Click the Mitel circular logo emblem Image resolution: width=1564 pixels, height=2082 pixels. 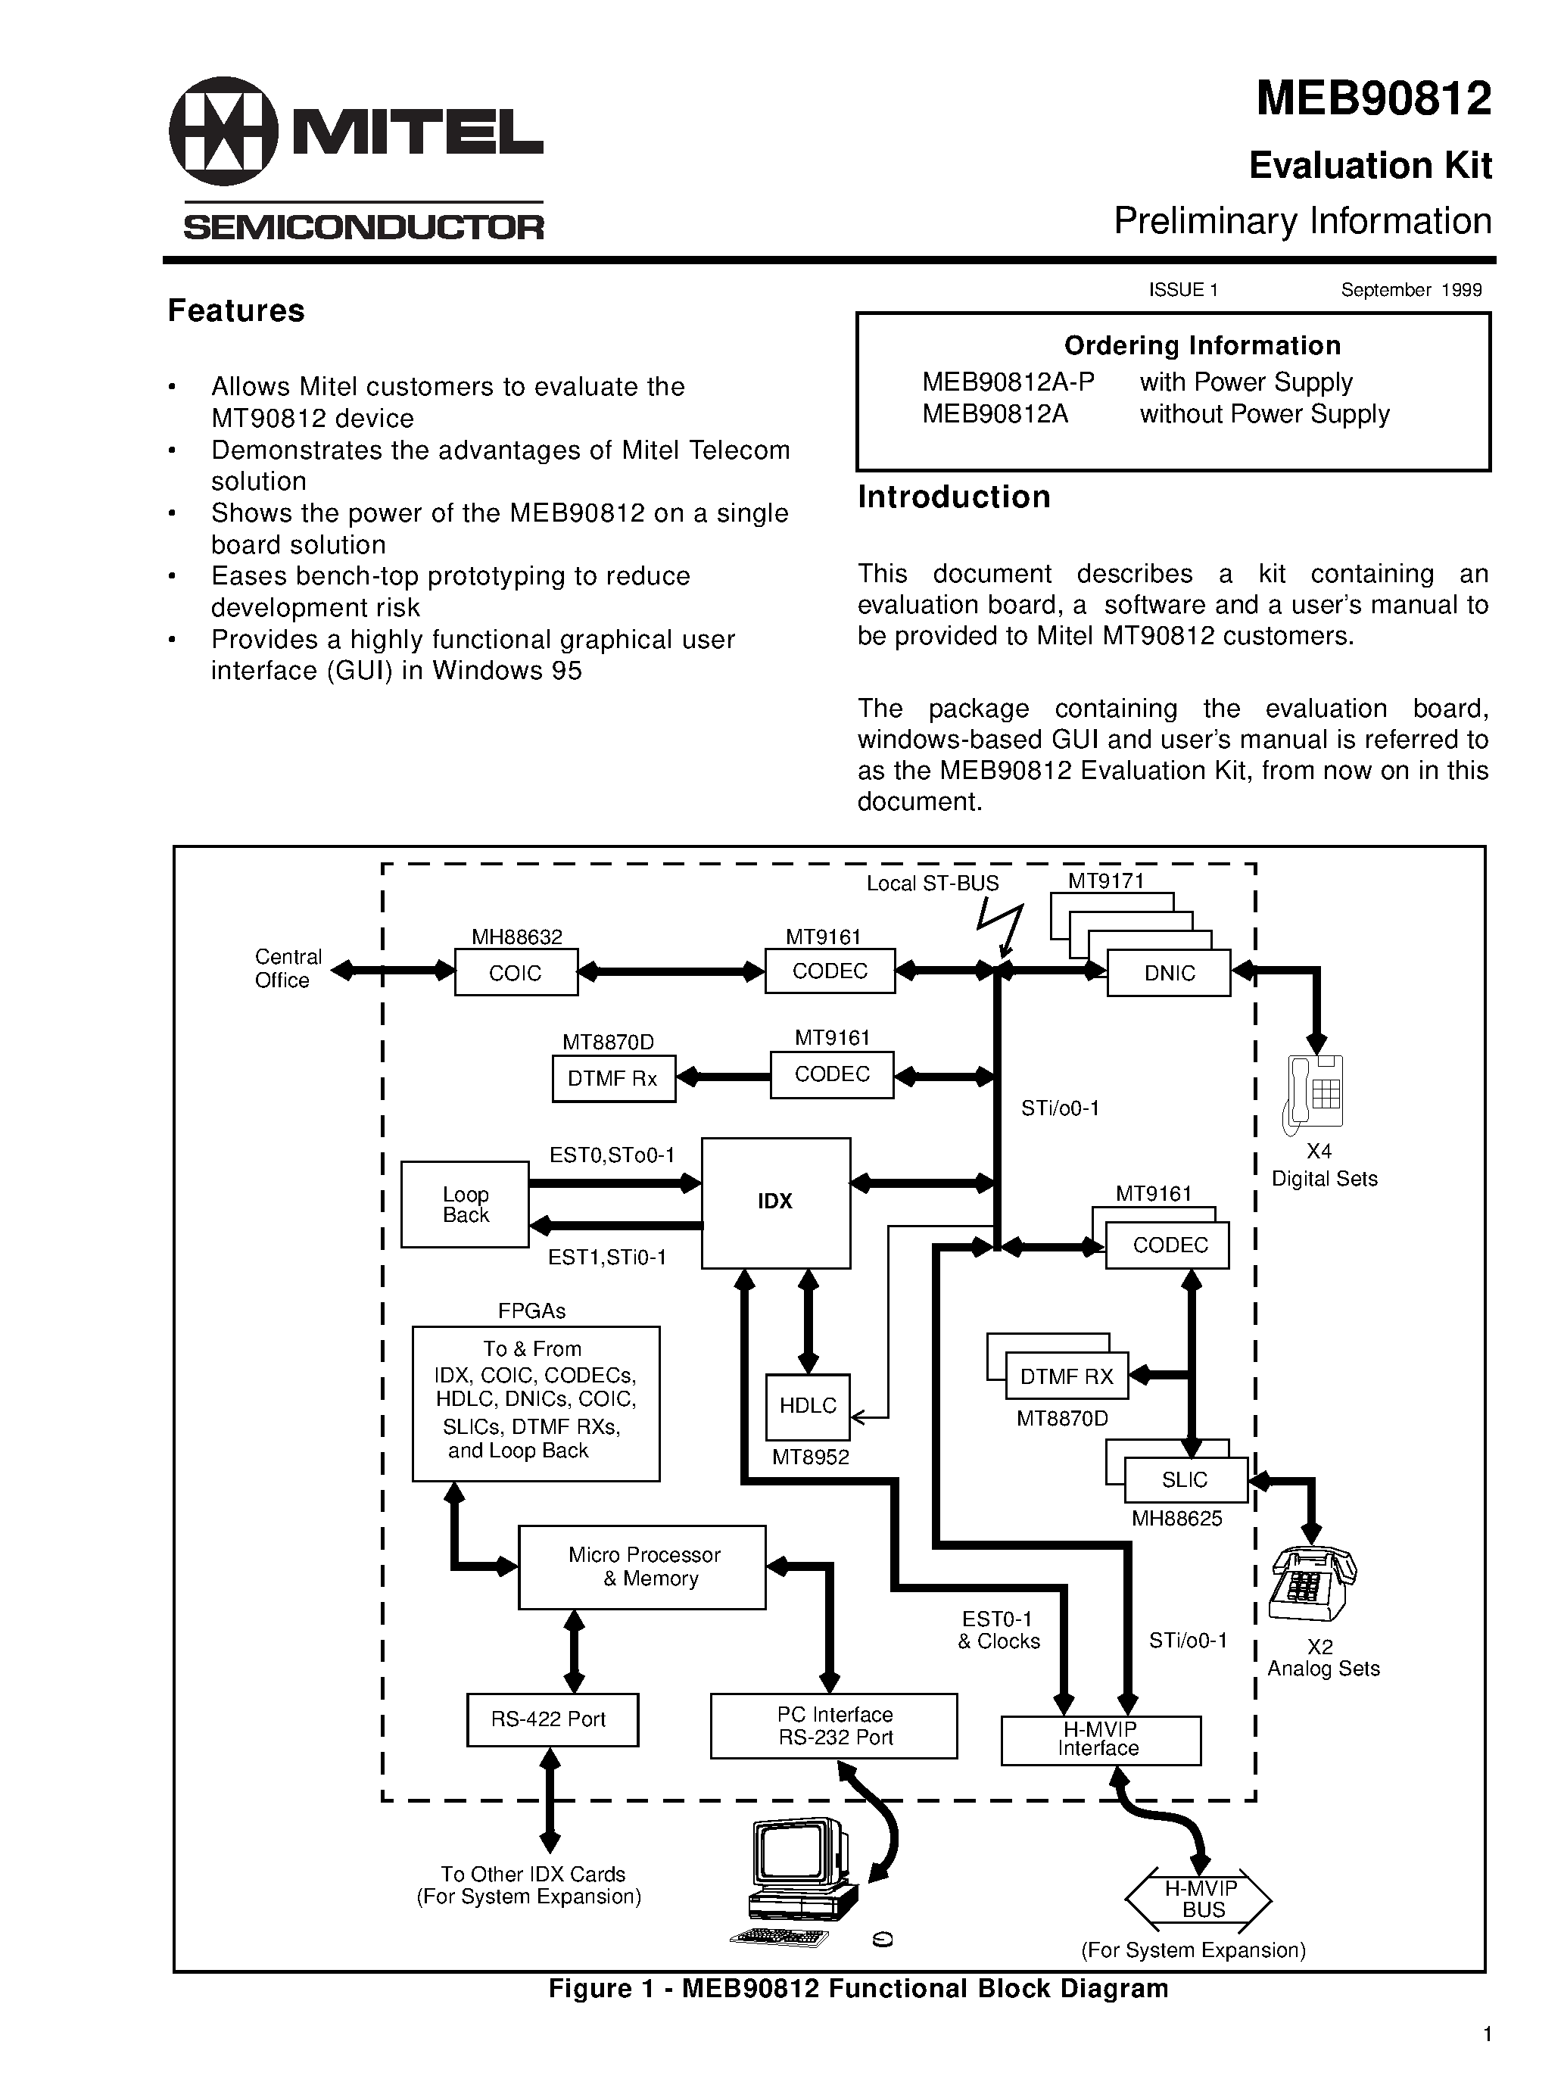coord(223,131)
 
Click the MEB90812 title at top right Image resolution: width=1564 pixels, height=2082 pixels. coord(1373,99)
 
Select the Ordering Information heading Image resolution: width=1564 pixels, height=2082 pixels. coord(1201,345)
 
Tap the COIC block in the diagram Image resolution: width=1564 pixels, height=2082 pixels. coord(516,972)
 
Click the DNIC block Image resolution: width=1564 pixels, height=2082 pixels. coord(1169,973)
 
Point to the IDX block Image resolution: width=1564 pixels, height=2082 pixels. coord(775,1202)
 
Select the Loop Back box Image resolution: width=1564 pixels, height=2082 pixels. coord(465,1204)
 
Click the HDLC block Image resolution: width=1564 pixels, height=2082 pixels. coord(808,1406)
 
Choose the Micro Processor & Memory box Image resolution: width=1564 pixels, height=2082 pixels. coord(642,1567)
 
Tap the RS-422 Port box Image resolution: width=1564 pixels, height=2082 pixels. coord(553,1719)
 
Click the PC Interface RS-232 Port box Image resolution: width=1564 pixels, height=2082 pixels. coord(833,1725)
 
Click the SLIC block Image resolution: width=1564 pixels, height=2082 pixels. coord(1185,1479)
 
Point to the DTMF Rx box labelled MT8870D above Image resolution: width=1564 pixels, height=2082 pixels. coord(612,1079)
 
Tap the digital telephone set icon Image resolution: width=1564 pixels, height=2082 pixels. coord(1315,1092)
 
